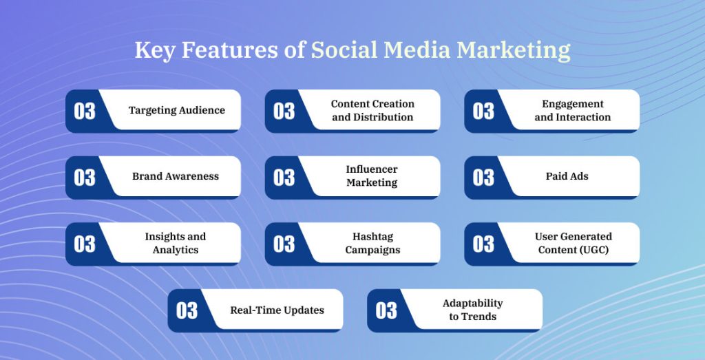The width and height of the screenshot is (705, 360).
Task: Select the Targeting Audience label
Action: click(x=177, y=110)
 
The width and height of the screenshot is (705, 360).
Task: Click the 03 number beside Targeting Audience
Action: click(x=85, y=111)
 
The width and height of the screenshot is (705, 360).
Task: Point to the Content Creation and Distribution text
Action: click(x=372, y=110)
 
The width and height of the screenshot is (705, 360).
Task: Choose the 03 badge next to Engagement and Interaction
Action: click(x=483, y=111)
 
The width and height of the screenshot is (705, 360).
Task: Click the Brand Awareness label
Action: click(x=176, y=176)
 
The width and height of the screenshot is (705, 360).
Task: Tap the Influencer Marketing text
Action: click(x=372, y=176)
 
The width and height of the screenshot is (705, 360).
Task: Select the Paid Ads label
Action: click(x=567, y=176)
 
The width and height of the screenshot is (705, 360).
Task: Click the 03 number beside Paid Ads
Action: click(x=483, y=178)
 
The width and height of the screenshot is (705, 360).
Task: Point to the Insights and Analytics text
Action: click(x=175, y=243)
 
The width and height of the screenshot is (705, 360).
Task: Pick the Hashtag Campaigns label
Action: click(x=372, y=243)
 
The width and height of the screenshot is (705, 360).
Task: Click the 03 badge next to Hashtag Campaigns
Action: click(x=284, y=244)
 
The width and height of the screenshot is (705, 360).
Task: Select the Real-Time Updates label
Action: click(x=277, y=310)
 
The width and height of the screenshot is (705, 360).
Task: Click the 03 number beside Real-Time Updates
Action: click(x=187, y=310)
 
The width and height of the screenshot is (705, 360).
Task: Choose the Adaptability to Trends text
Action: click(x=472, y=310)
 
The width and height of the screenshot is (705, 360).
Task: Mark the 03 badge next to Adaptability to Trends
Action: click(x=386, y=310)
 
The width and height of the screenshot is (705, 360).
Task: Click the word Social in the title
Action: click(x=345, y=51)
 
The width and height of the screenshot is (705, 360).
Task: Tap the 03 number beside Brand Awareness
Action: click(x=85, y=178)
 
